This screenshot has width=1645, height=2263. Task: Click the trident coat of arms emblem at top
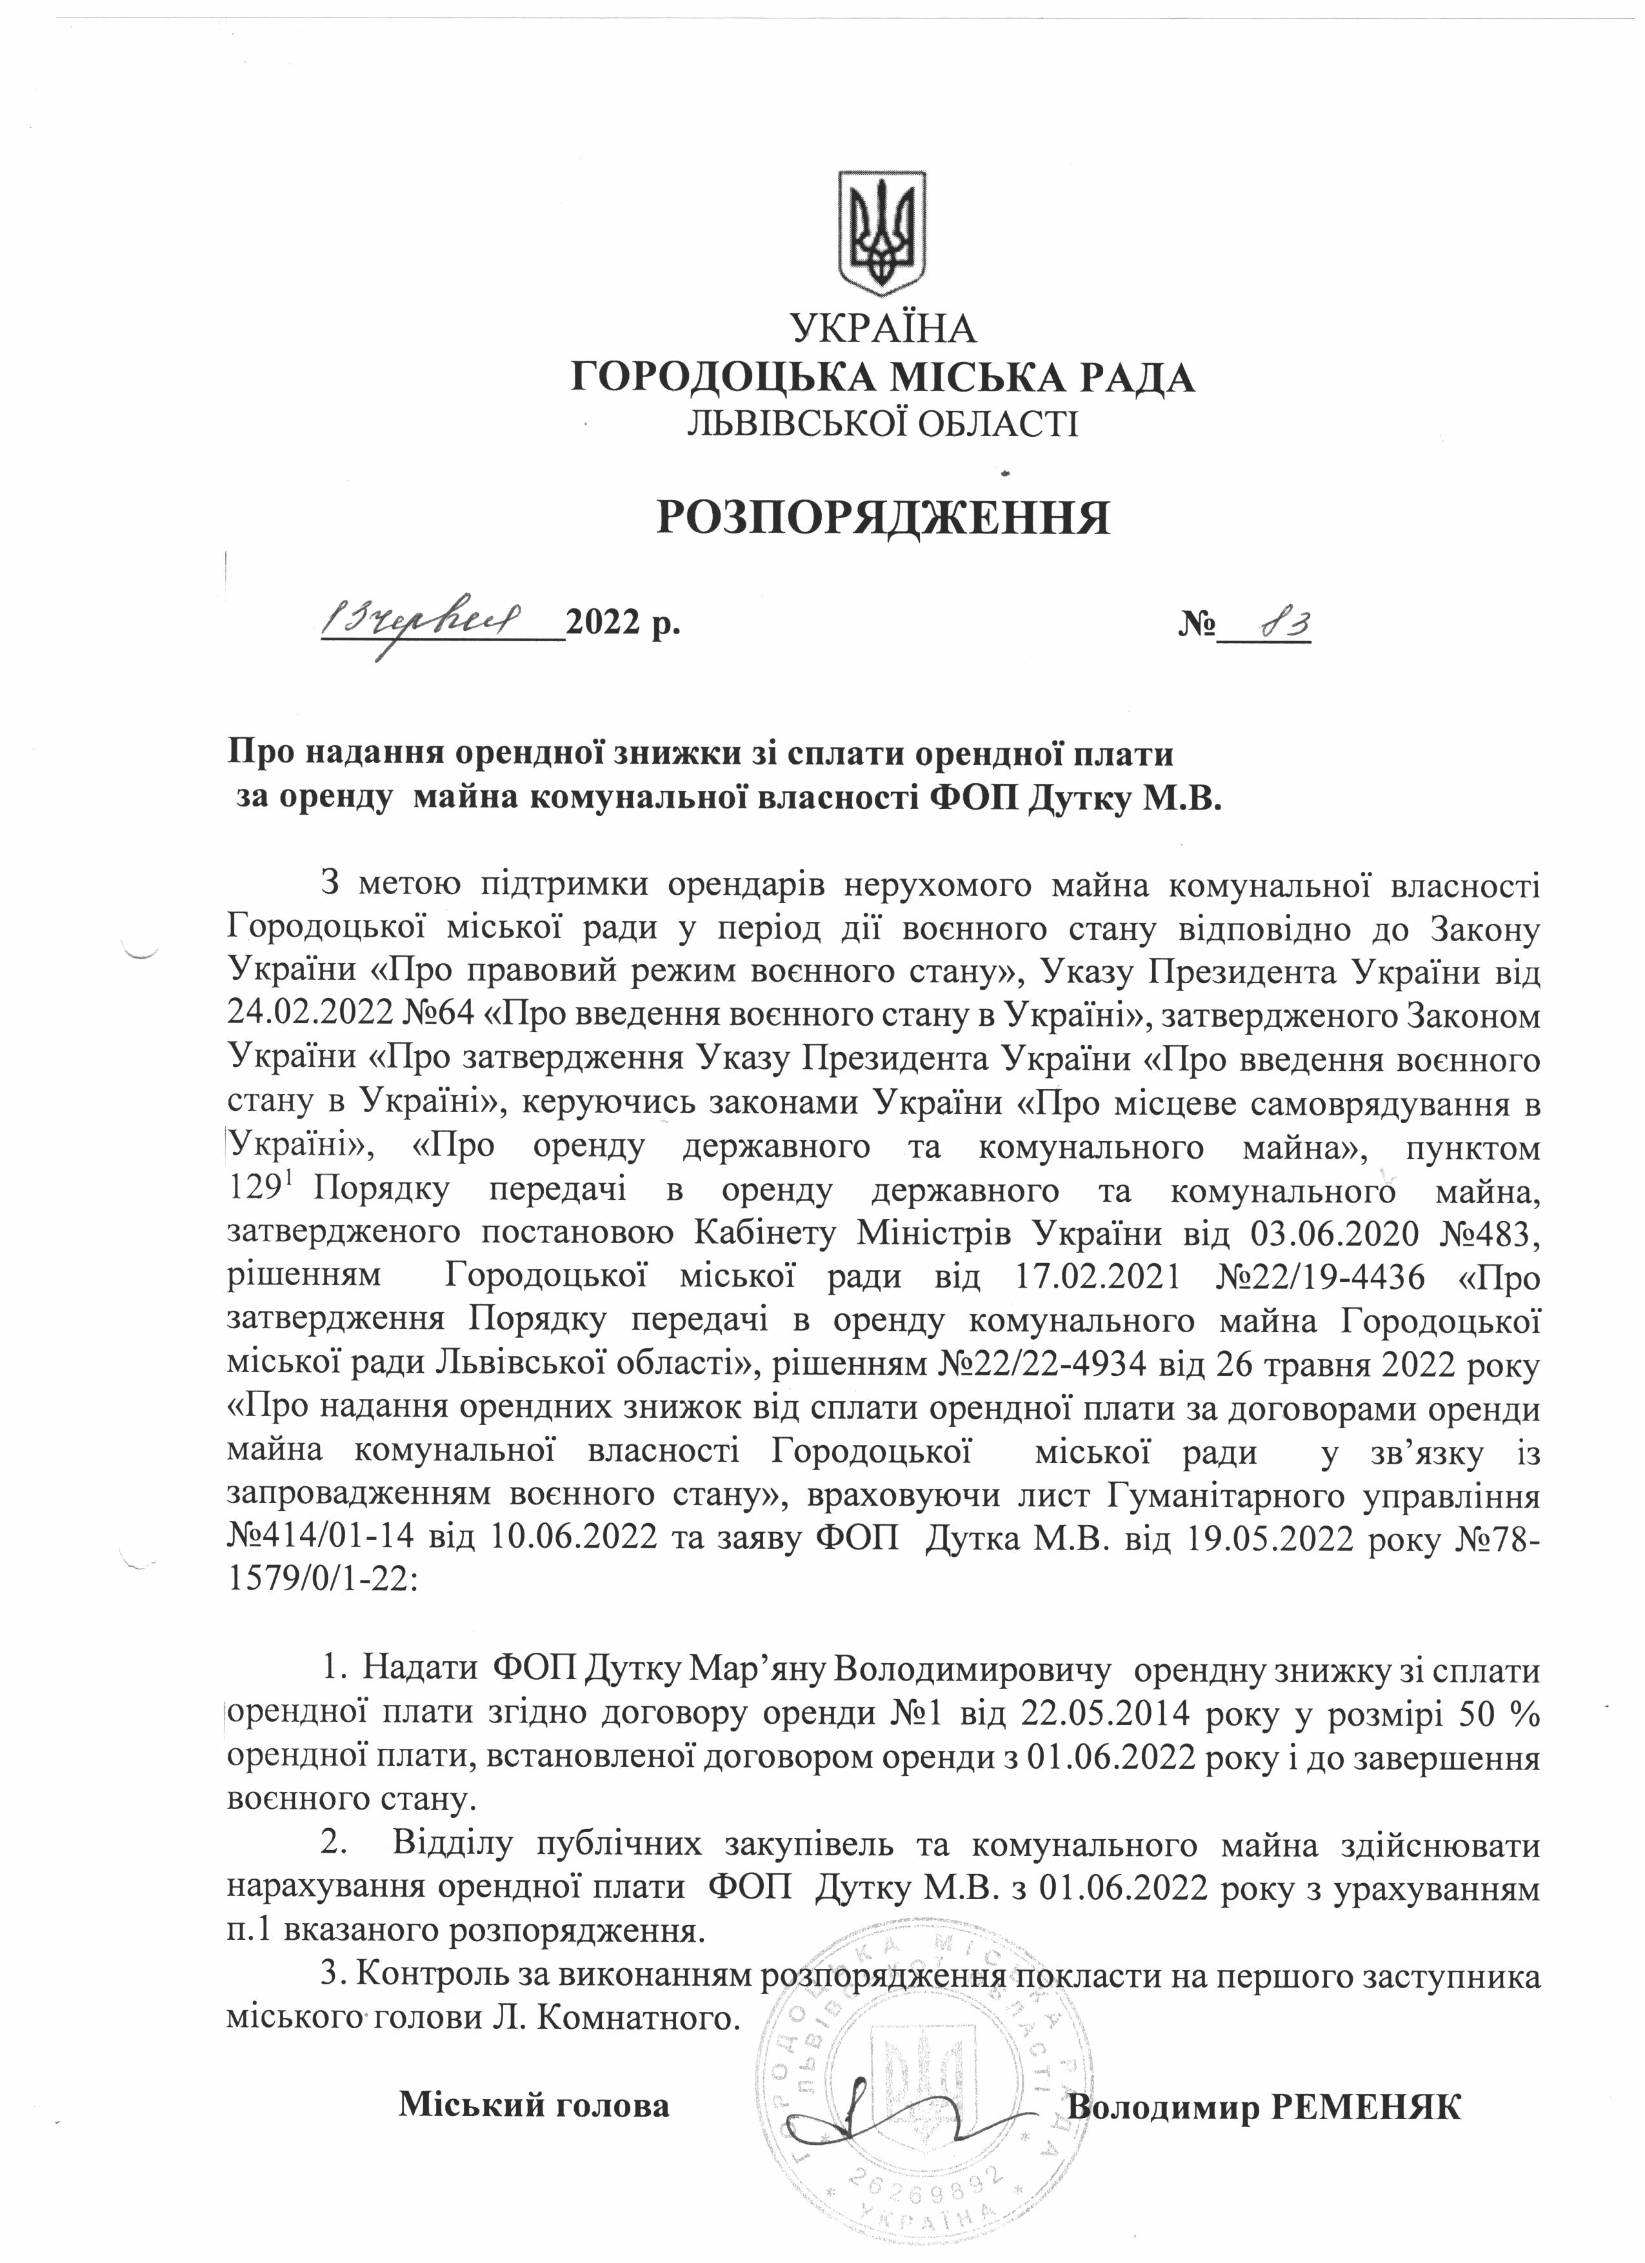[x=881, y=232]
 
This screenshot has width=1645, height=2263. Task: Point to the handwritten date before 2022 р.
[x=423, y=624]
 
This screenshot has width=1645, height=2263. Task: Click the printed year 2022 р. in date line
[x=623, y=626]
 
